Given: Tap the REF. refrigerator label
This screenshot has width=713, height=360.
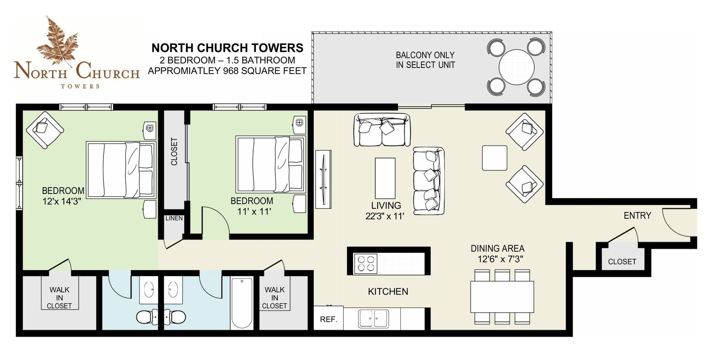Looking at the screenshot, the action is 328,320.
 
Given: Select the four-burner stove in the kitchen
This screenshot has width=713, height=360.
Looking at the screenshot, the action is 365,263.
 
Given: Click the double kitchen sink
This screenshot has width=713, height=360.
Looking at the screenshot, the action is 373,319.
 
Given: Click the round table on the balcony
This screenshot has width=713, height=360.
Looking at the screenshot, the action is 516,67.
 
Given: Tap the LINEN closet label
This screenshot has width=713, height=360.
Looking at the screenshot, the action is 174,218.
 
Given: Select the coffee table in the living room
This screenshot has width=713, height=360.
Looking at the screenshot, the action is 385,178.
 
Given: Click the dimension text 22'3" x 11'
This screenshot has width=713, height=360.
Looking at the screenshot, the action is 385,216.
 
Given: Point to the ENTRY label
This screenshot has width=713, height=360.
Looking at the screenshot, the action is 637,215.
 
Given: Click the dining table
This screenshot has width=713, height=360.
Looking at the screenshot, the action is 502,297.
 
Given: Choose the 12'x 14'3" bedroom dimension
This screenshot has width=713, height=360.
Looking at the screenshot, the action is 62,202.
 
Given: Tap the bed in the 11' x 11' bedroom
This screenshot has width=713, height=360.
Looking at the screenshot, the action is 271,165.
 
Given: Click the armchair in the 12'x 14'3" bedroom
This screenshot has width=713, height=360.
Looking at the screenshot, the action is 45,130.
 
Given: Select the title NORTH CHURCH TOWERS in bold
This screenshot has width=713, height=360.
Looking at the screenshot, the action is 227,48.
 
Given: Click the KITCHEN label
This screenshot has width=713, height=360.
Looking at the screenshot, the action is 388,292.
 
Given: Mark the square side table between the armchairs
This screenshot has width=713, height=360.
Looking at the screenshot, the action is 495,158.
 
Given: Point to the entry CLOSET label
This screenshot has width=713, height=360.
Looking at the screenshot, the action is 622,262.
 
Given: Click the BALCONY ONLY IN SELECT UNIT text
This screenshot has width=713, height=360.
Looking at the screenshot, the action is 425,60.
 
